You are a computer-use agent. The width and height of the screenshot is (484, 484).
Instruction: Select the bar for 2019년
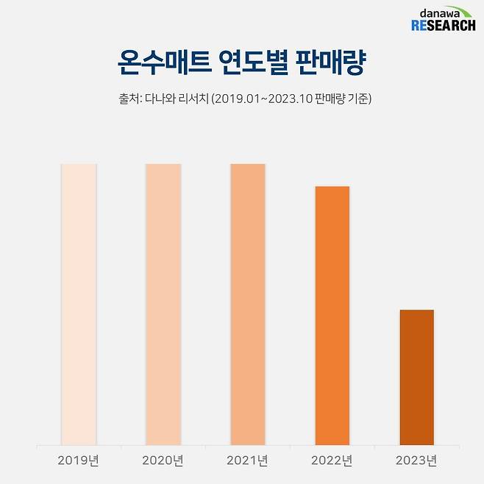click(79, 304)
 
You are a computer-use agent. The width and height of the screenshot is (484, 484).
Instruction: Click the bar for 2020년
click(163, 304)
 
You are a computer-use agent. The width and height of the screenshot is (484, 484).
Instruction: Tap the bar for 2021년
click(248, 304)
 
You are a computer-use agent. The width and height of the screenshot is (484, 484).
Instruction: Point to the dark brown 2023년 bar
click(416, 377)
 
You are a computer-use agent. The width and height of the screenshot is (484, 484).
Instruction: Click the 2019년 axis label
click(79, 461)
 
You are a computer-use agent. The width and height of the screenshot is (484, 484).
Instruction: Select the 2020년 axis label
click(163, 461)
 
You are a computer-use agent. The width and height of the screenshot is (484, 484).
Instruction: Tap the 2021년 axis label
click(248, 461)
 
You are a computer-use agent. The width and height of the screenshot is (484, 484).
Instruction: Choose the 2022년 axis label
click(332, 461)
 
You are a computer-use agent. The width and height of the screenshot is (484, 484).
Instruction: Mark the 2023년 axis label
click(416, 461)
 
